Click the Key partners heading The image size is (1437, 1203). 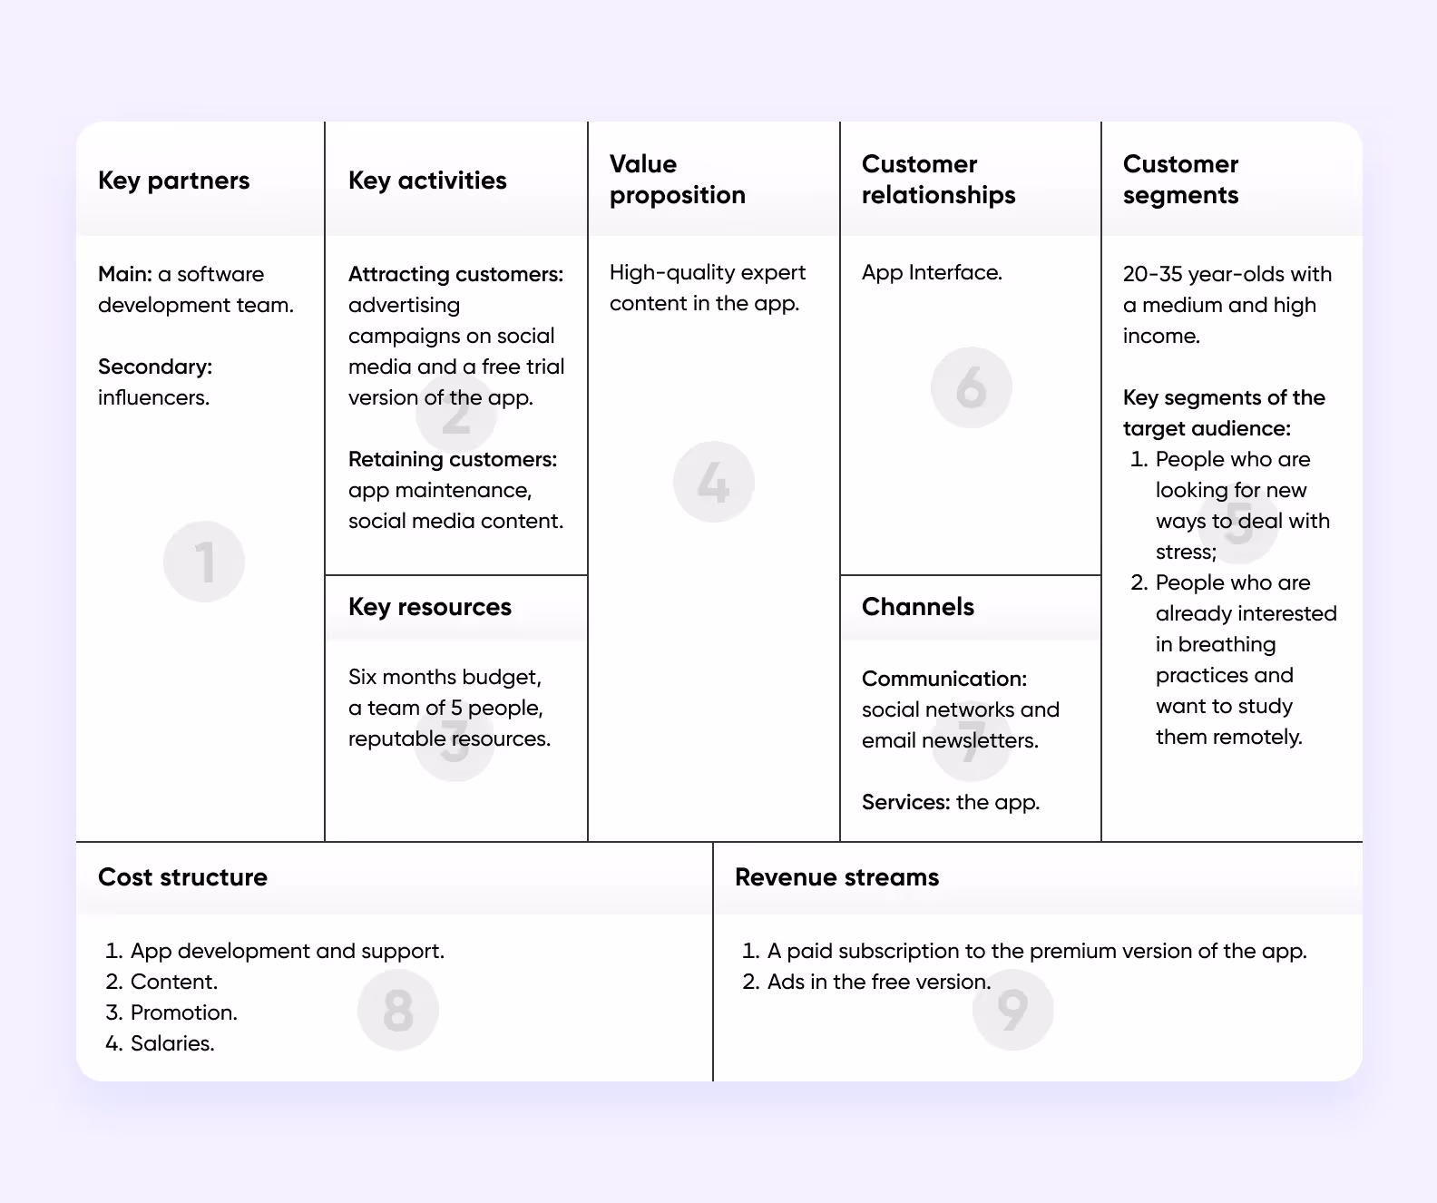pos(173,181)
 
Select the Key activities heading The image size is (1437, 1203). pos(427,181)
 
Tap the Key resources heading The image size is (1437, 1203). pos(430,607)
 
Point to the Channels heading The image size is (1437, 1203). pos(917,607)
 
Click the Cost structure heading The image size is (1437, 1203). pos(182,877)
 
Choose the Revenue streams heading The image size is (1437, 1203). pos(836,877)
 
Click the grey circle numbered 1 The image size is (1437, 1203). pos(204,562)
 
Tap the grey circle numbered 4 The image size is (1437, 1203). pos(714,482)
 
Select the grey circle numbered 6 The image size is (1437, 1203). pos(971,387)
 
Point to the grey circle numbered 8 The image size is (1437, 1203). pos(398,1010)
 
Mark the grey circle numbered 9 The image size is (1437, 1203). pos(1012,1010)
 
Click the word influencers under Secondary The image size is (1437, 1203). pos(153,397)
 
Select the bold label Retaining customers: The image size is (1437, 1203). pos(453,459)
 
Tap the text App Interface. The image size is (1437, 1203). pos(932,272)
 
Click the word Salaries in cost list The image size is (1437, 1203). pos(171,1043)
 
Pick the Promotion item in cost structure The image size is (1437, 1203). pos(183,1012)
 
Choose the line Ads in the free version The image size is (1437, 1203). pos(878,982)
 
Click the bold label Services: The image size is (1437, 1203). pos(905,802)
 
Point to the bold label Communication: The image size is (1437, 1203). pos(944,679)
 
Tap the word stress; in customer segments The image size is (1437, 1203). pos(1186,552)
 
